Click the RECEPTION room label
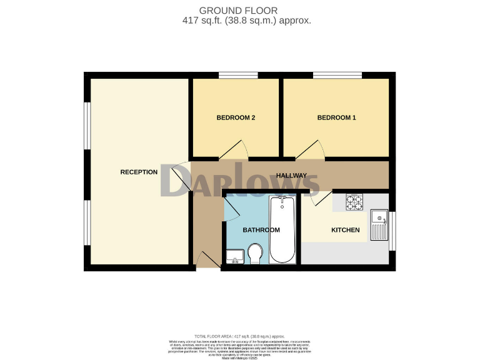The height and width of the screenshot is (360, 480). pos(139,172)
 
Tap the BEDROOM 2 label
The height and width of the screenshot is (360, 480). pos(236,117)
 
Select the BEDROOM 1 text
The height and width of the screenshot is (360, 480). pos(336,117)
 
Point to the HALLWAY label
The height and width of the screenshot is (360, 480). pos(291,176)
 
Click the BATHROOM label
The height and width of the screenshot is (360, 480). pos(261,230)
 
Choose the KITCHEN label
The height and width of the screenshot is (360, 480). pos(345,230)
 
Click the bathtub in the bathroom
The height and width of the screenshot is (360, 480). pos(282,229)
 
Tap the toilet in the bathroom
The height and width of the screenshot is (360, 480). pos(254,254)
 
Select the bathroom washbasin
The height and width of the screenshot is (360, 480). pos(233,256)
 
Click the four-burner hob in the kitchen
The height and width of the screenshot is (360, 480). pos(355,202)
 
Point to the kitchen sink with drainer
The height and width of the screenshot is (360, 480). pos(379,225)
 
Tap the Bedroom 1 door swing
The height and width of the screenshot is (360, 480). pos(311,150)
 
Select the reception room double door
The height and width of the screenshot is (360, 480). pos(181,178)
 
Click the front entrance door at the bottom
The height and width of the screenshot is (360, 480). pos(206,259)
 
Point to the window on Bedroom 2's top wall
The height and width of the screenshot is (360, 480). pos(238,76)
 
